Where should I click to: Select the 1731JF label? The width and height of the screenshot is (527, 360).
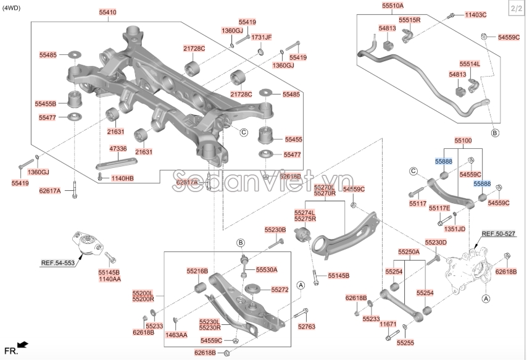[x=262, y=37]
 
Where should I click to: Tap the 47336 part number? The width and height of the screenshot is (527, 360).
[x=118, y=149]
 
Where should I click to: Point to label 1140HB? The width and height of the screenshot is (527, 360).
[x=122, y=178]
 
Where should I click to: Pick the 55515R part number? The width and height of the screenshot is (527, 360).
[x=409, y=20]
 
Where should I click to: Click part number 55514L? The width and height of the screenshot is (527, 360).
[x=469, y=64]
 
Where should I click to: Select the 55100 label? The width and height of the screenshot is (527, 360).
[x=463, y=141]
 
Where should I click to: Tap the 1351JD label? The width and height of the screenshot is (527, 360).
[x=454, y=228]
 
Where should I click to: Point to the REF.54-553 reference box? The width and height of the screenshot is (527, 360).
[x=57, y=262]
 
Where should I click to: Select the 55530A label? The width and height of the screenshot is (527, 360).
[x=267, y=270]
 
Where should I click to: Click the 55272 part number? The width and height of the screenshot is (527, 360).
[x=280, y=289]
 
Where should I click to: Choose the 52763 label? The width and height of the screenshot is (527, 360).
[x=306, y=326]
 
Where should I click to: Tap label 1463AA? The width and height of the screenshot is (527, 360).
[x=176, y=335]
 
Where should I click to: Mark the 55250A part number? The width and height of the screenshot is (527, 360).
[x=408, y=252]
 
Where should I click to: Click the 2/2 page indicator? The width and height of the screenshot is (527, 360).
[x=515, y=8]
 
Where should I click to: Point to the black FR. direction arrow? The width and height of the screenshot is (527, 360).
[x=23, y=344]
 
